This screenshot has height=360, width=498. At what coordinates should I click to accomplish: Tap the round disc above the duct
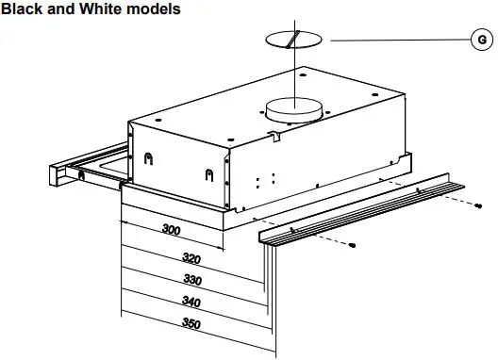(x=294, y=40)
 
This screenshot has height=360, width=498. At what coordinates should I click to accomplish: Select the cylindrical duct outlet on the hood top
(x=293, y=110)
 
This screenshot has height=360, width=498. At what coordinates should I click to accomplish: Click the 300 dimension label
(x=173, y=230)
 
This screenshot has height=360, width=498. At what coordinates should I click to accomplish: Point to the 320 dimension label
(x=191, y=258)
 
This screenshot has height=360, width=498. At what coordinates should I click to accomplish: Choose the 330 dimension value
(x=191, y=280)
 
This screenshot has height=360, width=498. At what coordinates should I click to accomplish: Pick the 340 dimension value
(x=191, y=302)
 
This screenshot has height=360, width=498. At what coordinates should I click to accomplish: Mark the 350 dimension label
(x=191, y=323)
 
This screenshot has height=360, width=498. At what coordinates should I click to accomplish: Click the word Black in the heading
(x=25, y=8)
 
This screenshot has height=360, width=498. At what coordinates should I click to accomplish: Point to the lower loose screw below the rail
(x=354, y=245)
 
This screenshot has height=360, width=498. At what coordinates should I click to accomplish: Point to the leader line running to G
(x=396, y=40)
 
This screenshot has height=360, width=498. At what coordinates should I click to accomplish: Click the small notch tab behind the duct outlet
(x=274, y=138)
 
